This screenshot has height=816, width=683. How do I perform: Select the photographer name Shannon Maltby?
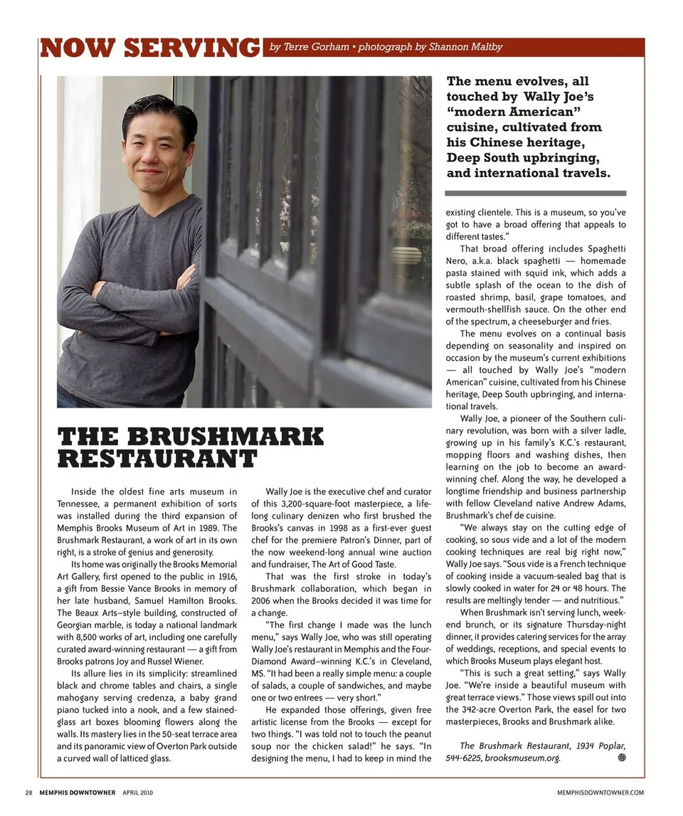[x=465, y=47]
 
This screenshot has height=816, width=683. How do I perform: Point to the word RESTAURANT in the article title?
[x=156, y=459]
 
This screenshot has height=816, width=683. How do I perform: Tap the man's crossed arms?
[x=128, y=299]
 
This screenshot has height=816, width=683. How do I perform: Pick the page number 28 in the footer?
[x=28, y=792]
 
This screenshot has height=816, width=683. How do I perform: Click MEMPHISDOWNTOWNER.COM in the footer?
[x=601, y=792]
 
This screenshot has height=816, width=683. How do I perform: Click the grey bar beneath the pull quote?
[x=535, y=193]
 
